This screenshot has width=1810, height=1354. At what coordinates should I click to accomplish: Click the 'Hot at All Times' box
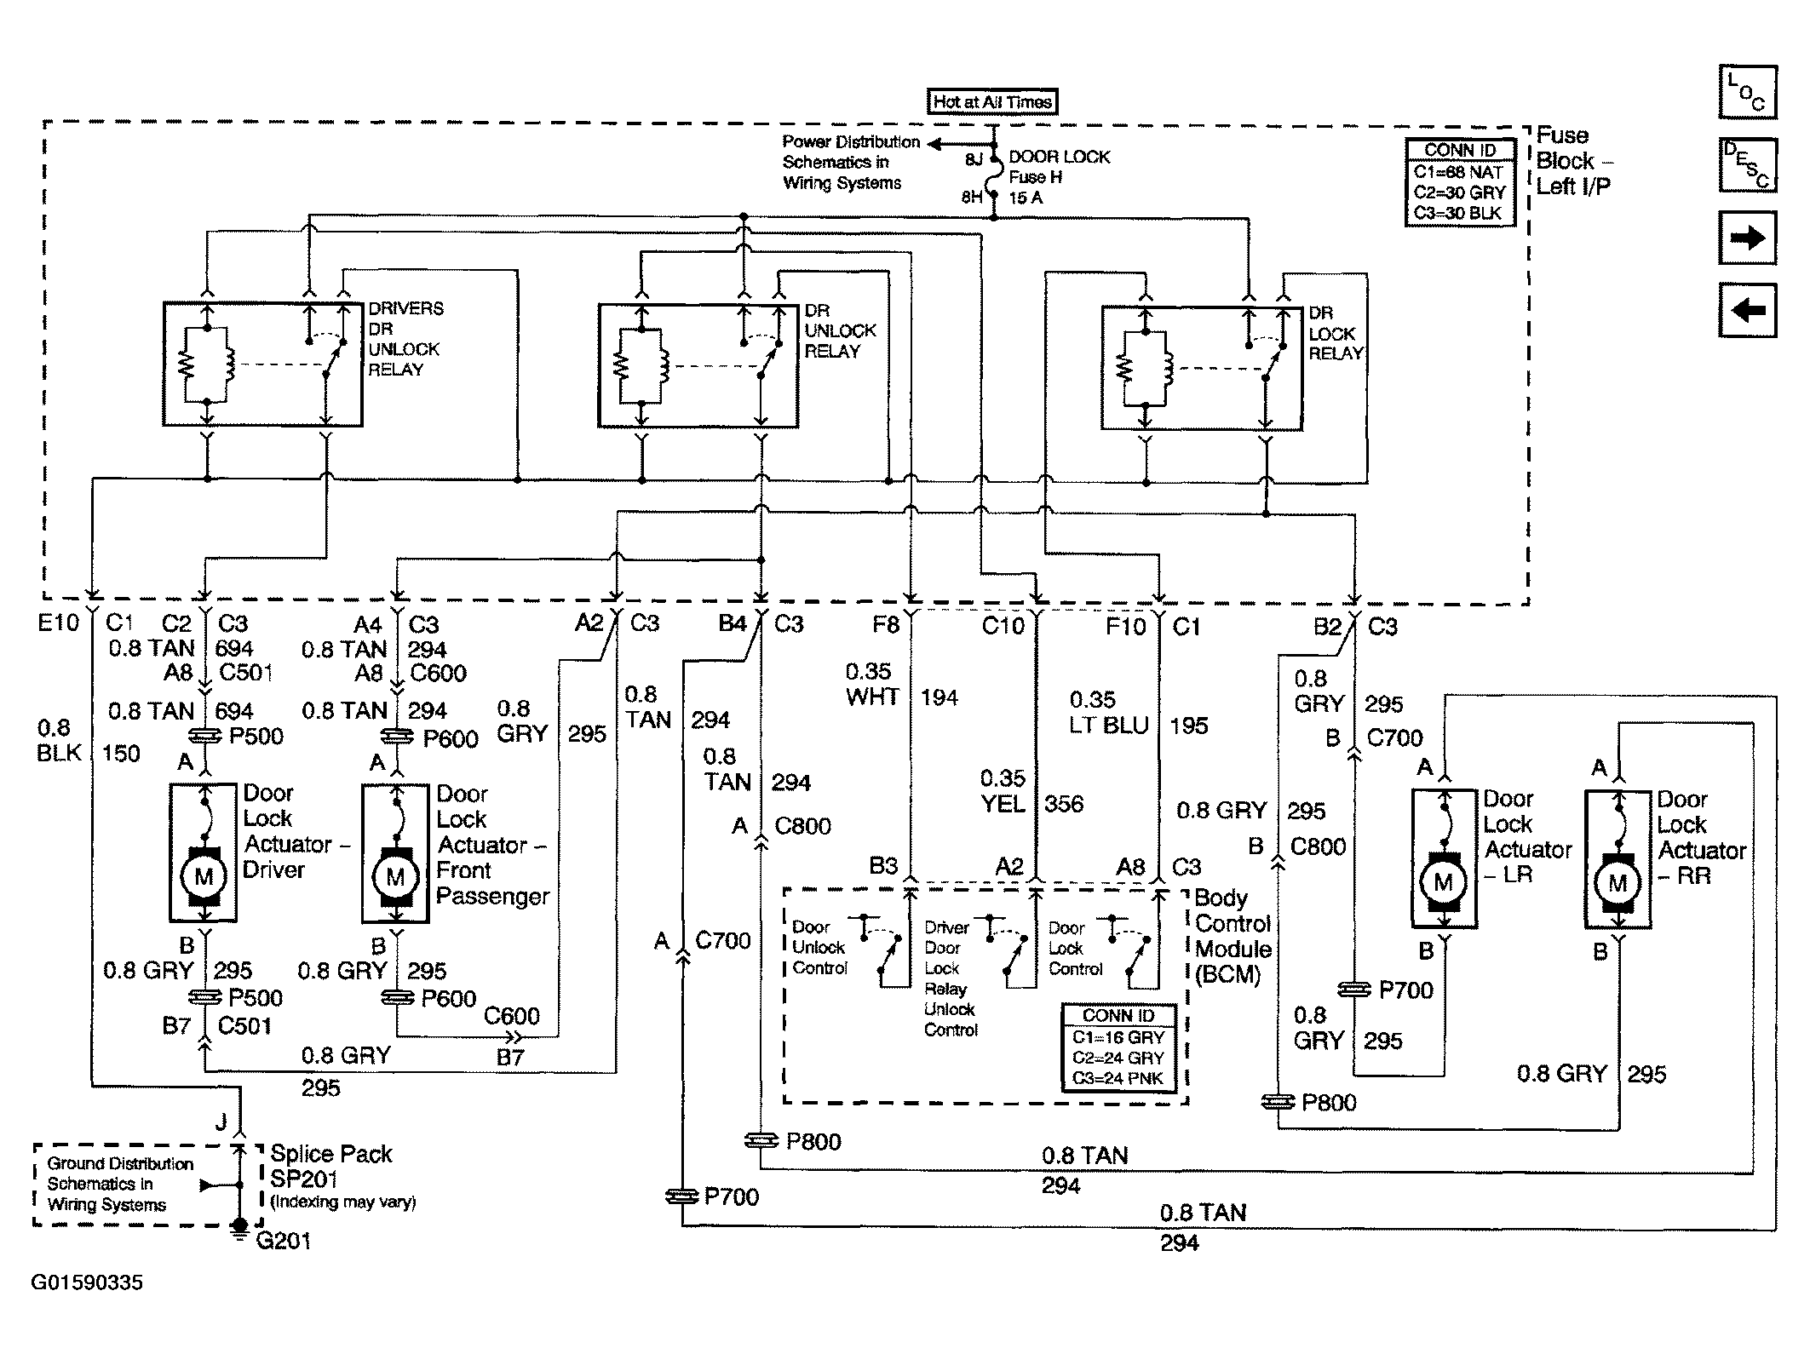coord(991,102)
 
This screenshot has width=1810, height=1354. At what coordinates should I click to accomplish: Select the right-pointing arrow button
coord(1748,238)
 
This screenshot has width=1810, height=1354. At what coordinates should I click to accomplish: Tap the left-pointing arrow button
coord(1748,310)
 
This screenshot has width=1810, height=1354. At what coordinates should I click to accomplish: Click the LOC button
coord(1748,92)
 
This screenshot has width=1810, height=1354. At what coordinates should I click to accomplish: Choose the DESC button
coord(1748,164)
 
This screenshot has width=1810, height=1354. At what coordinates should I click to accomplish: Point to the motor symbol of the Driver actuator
coord(204,876)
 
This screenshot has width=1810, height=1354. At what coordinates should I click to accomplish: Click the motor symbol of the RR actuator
coord(1617,883)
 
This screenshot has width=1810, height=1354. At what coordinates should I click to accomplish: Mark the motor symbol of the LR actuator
coord(1443,882)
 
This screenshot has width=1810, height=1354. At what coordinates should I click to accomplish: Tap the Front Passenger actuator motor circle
coord(395,877)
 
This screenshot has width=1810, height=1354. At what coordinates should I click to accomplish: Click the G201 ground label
coord(283,1241)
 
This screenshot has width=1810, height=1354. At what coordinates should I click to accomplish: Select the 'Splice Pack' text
coord(331,1154)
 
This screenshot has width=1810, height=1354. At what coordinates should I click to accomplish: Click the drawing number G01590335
coord(87,1282)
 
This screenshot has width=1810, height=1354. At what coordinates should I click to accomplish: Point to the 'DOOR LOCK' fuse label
coord(1060,157)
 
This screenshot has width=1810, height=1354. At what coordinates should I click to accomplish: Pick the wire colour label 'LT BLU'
coord(1109,726)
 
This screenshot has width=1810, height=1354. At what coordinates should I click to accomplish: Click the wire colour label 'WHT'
coord(873,697)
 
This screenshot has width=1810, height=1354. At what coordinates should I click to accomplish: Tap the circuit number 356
coord(1065,804)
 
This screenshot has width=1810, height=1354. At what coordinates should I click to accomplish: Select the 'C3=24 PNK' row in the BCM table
coord(1118,1078)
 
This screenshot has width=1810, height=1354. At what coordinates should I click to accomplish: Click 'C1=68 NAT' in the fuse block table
coord(1458,172)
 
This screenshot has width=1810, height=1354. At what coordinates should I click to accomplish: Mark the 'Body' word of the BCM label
coord(1221,898)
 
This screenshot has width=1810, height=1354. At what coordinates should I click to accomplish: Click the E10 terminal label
coord(59,623)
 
